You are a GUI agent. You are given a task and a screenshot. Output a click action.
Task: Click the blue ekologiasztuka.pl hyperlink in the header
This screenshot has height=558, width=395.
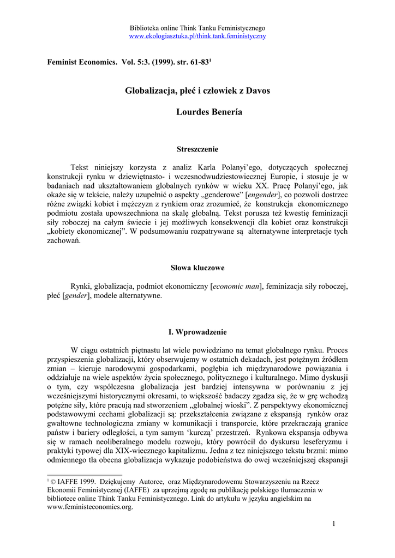click(197, 36)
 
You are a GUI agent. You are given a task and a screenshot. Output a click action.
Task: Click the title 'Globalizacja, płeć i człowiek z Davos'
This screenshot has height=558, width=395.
click(197, 90)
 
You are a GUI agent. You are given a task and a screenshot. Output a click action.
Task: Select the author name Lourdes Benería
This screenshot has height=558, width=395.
click(197, 112)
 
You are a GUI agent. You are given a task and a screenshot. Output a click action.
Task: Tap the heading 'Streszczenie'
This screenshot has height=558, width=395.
click(197, 149)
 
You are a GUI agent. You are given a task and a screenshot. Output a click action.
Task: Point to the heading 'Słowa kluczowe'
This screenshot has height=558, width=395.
click(197, 268)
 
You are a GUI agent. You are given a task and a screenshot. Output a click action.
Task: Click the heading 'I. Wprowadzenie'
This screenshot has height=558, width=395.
click(197, 332)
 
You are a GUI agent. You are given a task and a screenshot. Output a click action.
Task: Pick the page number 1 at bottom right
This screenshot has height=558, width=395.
click(333, 524)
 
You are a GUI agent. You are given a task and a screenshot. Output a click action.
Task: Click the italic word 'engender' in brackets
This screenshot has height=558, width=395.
click(264, 195)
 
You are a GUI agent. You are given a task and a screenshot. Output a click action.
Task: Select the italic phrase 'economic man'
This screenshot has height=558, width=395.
click(236, 286)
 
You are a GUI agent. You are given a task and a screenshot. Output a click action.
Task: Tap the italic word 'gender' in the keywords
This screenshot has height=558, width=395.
click(76, 296)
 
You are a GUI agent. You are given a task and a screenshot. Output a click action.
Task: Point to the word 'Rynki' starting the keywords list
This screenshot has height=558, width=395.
click(81, 286)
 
